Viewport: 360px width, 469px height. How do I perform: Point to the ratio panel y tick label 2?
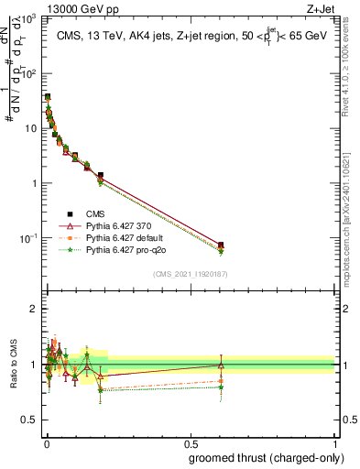click(x=34, y=310)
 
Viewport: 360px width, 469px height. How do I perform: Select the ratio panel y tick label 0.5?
click(x=30, y=420)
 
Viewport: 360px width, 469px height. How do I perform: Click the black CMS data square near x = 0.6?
click(x=221, y=245)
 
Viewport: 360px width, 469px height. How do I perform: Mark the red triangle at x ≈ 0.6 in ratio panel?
click(x=221, y=365)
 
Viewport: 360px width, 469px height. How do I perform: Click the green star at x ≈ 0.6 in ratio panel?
click(x=221, y=387)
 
